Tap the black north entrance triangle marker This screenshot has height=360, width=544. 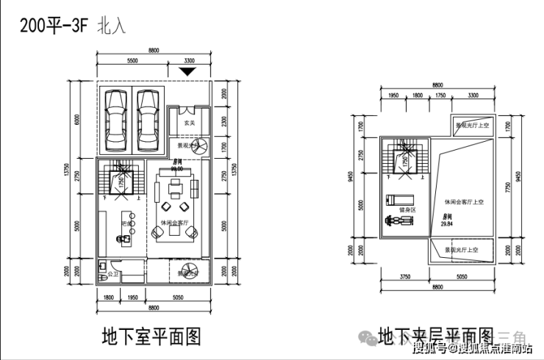coord(189,71)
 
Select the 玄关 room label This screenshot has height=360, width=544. coord(188,123)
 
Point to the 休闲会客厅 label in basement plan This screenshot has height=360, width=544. coord(176,221)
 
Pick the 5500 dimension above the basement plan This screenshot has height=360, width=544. coord(133,60)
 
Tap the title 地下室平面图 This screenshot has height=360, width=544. coord(151,337)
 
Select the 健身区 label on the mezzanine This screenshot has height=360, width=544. coord(407,210)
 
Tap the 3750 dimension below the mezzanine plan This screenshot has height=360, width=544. coord(404,278)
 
